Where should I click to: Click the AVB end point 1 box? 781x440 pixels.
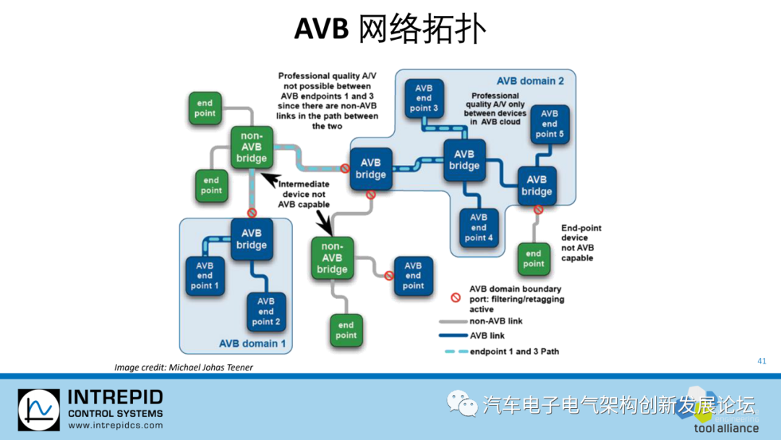tap(205, 275)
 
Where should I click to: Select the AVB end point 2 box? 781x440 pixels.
tap(265, 311)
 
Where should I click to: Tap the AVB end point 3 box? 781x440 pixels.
tap(424, 98)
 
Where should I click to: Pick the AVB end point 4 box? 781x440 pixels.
tap(479, 227)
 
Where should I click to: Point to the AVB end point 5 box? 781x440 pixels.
tap(550, 124)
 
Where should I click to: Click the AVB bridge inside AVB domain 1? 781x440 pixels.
tap(251, 240)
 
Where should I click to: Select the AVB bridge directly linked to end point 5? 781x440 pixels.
tap(537, 185)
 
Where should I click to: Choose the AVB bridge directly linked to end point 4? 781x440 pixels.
tap(464, 160)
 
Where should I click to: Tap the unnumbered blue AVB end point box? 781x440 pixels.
tap(413, 276)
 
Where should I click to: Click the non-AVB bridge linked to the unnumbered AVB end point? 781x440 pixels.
tap(332, 258)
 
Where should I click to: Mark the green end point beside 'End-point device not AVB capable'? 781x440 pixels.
tap(533, 259)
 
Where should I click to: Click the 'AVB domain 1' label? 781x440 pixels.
tap(252, 344)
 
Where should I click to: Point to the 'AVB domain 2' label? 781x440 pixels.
tap(530, 81)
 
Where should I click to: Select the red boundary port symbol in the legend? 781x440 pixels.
tap(456, 297)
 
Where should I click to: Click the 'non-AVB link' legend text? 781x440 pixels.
tap(495, 321)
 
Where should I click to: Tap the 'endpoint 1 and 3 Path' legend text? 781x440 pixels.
tap(513, 352)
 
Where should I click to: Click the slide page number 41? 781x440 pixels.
tap(761, 361)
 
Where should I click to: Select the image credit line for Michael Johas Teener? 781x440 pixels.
tap(184, 368)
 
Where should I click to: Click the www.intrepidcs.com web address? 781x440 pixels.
tap(114, 426)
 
